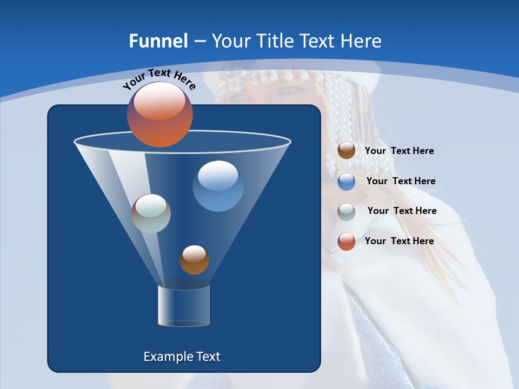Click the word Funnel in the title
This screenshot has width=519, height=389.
pos(158,41)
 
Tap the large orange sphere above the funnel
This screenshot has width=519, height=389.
pos(160,114)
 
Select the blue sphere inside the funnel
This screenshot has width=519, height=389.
pos(218,186)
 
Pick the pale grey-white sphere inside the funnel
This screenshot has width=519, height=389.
pos(151,213)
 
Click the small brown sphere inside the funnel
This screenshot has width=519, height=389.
pos(194,259)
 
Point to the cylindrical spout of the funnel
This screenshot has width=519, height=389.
pos(184,306)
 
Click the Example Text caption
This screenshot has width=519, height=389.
pos(182,357)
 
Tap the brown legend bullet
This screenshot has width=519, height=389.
pos(347,150)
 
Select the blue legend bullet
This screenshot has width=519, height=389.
pos(347,182)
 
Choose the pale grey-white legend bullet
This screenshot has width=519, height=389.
pos(347,212)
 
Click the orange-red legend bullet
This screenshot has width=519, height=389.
pos(347,242)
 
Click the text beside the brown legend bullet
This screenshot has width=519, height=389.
pos(399,151)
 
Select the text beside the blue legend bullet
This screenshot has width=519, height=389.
pos(401,182)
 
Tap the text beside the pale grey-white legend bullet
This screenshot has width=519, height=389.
pos(402,211)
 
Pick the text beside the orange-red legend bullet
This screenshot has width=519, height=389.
pos(399,241)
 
